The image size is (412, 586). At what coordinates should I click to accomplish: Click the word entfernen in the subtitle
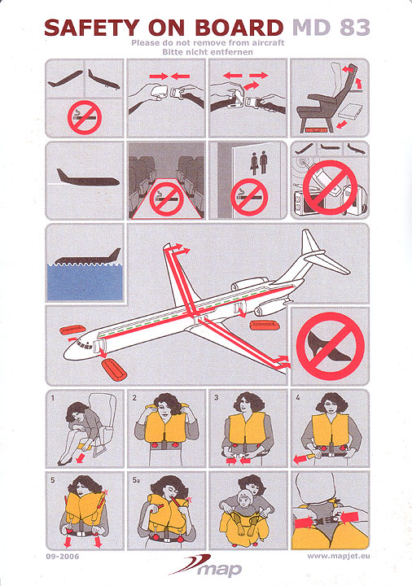click(228, 52)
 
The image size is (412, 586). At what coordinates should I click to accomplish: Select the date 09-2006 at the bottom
click(63, 557)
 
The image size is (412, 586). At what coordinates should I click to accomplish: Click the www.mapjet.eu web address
click(339, 556)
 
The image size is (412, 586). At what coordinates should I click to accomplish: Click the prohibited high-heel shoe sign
click(330, 346)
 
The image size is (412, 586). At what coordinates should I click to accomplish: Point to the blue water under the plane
click(85, 282)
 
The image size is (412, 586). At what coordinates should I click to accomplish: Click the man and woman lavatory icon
click(258, 163)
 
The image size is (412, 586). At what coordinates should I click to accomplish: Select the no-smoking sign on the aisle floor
click(166, 199)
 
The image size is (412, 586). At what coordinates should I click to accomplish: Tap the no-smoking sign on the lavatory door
click(249, 197)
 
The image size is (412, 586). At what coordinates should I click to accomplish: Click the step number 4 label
click(297, 397)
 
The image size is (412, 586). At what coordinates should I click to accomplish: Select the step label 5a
click(136, 480)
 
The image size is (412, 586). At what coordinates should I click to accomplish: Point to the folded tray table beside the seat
click(351, 112)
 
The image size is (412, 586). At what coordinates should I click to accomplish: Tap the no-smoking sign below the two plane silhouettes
click(85, 117)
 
